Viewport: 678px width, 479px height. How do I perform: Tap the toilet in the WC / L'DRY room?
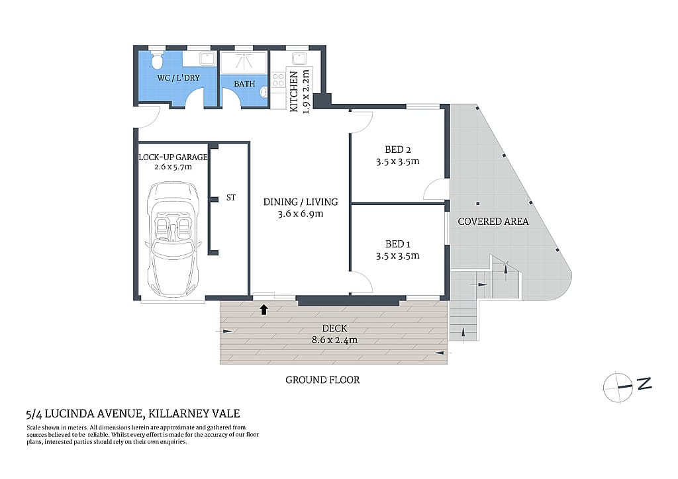pyautogui.click(x=156, y=60)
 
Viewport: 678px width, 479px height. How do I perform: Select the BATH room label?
pyautogui.click(x=244, y=85)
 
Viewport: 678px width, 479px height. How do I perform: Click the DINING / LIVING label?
pyautogui.click(x=300, y=202)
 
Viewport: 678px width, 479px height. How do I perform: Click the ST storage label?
pyautogui.click(x=231, y=197)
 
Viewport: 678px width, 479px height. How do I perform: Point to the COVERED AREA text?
pyautogui.click(x=493, y=222)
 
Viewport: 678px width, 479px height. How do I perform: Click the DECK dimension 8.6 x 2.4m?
pyautogui.click(x=334, y=340)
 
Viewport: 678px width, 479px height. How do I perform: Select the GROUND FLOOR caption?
pyautogui.click(x=322, y=380)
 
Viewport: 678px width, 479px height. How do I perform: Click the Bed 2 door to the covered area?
pyautogui.click(x=436, y=189)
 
